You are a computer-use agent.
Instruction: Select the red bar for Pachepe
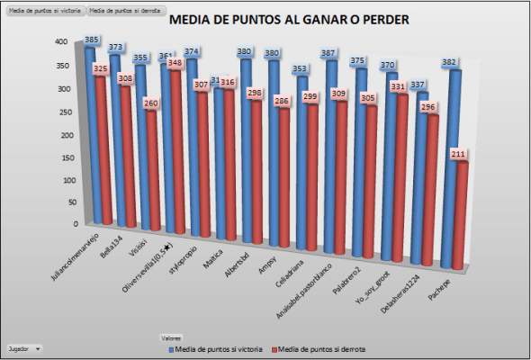458,216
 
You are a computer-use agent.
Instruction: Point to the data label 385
91,40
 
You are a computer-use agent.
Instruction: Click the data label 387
329,55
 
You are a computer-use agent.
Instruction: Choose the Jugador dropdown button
24,346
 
